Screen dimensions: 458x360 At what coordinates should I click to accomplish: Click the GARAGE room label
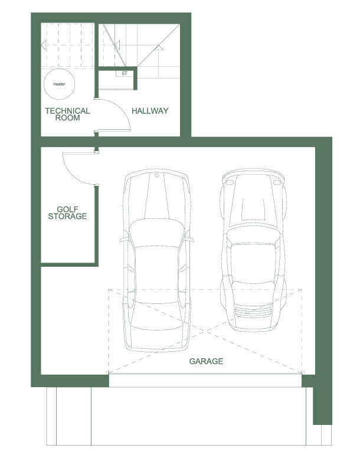point(206,361)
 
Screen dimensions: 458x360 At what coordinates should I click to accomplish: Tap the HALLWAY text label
point(150,111)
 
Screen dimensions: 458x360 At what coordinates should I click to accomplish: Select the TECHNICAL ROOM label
point(67,114)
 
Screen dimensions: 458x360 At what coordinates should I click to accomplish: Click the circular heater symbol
point(59,84)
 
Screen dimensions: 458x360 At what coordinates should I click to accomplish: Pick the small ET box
point(125,74)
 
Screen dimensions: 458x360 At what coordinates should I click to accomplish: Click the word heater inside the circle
point(59,84)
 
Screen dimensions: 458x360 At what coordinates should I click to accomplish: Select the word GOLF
point(68,209)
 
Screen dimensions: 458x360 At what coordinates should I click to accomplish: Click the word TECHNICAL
point(67,110)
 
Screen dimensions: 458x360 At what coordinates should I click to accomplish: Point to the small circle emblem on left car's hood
point(157,176)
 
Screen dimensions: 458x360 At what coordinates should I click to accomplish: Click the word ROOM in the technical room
point(67,118)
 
